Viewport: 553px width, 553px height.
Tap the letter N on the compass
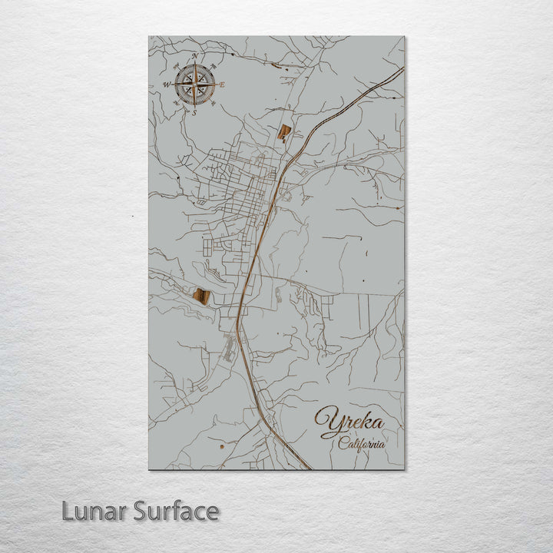pyautogui.click(x=196, y=57)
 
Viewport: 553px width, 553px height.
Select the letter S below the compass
pyautogui.click(x=194, y=113)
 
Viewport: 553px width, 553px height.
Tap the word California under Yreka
pyautogui.click(x=362, y=443)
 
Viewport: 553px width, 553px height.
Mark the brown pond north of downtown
pyautogui.click(x=284, y=133)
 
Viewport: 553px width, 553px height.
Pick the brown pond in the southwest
pyautogui.click(x=204, y=296)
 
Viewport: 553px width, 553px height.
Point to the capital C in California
pyautogui.click(x=343, y=442)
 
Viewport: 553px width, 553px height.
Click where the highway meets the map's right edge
pyautogui.click(x=403, y=68)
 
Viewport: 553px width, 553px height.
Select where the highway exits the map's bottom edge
pyautogui.click(x=309, y=469)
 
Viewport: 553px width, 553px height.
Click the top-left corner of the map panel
pyautogui.click(x=149, y=36)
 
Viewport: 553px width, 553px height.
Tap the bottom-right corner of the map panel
pyautogui.click(x=404, y=469)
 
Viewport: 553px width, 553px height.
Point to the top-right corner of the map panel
pyautogui.click(x=404, y=36)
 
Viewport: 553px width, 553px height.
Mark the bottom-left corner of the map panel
pyautogui.click(x=149, y=469)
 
